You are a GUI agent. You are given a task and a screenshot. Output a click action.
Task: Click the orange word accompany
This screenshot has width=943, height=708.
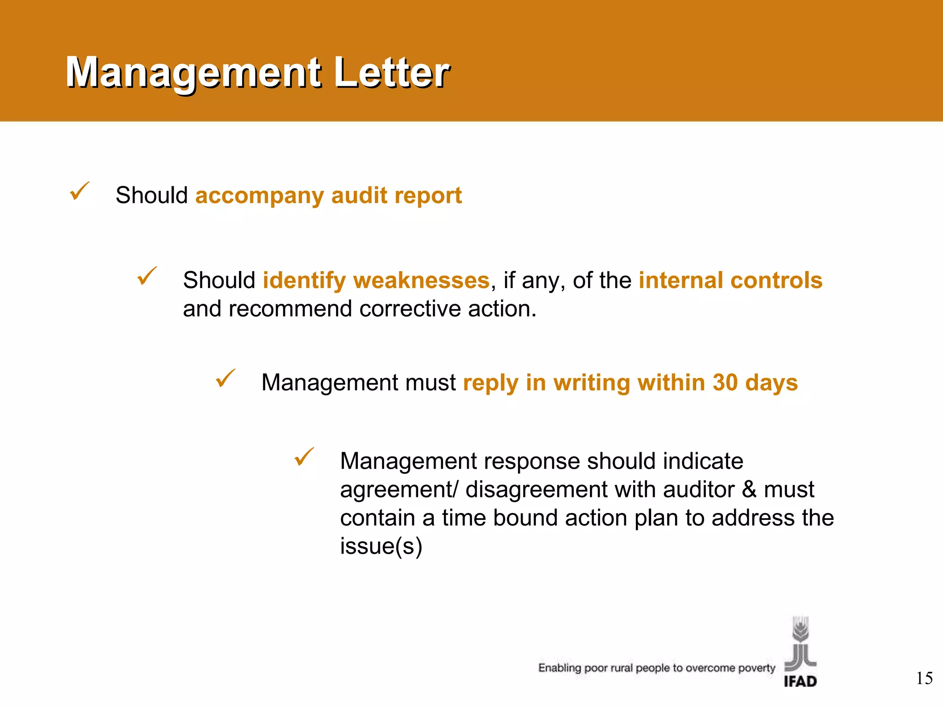[260, 196]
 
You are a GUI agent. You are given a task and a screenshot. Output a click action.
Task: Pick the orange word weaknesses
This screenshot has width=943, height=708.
[422, 280]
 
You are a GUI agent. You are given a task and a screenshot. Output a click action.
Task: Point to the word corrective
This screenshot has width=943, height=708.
[410, 309]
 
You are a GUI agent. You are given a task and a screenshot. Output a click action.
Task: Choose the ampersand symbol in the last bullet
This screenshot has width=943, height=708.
[749, 490]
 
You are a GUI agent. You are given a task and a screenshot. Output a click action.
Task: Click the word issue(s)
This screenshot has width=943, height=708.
[381, 547]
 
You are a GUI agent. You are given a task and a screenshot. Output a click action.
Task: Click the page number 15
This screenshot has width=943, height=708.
[924, 678]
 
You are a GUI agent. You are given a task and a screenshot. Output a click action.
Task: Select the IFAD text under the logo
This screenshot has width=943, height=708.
[800, 681]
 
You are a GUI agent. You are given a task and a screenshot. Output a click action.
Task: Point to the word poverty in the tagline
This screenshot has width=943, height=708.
[757, 668]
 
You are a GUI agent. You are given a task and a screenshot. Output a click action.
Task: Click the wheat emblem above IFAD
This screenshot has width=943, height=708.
[800, 643]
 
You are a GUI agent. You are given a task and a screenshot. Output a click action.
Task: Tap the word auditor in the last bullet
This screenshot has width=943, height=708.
[699, 490]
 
